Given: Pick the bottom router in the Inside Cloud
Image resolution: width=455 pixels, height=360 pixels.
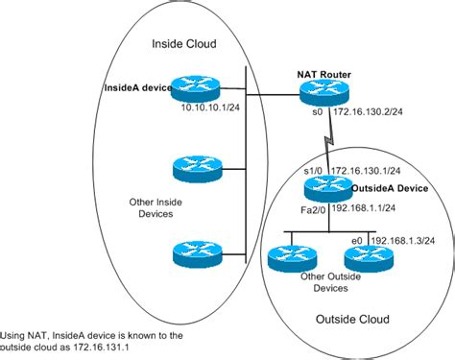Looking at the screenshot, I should (199, 252).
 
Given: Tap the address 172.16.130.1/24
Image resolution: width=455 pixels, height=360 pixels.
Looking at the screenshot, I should (367, 170).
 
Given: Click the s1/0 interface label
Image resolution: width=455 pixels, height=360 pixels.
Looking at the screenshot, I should (312, 170).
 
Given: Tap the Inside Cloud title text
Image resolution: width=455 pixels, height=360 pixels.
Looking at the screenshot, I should (185, 44).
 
